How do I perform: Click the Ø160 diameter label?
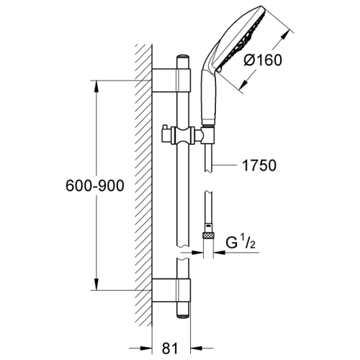pyautogui.click(x=262, y=60)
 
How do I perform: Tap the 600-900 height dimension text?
pyautogui.click(x=95, y=186)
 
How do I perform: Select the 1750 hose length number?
pyautogui.click(x=259, y=166)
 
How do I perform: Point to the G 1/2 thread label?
pyautogui.click(x=240, y=243)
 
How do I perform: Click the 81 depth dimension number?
pyautogui.click(x=170, y=348)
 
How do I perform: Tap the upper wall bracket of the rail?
pyautogui.click(x=171, y=80)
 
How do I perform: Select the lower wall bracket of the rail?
pyautogui.click(x=171, y=290)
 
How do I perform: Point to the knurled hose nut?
pyautogui.click(x=208, y=236)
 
